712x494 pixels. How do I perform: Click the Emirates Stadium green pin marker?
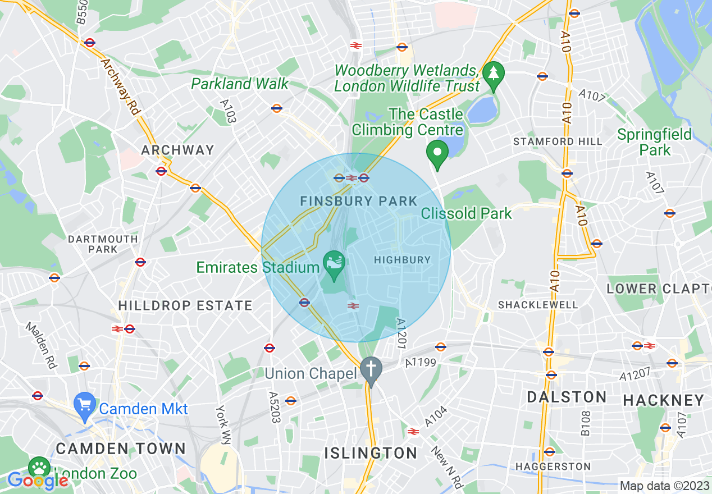tap(335, 264)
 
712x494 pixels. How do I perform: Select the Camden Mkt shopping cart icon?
tap(85, 406)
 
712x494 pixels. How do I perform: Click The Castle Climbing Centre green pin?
tap(437, 153)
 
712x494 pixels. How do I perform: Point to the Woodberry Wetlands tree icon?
tap(494, 75)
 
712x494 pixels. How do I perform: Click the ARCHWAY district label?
tap(177, 150)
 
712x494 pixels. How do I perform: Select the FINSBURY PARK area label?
tap(359, 201)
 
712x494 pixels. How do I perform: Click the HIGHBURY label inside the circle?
tap(402, 260)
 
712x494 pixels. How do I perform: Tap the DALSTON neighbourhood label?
tap(567, 397)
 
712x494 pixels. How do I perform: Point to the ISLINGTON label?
tap(371, 453)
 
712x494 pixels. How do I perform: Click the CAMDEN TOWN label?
tap(121, 449)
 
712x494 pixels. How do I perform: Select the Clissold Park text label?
tap(467, 213)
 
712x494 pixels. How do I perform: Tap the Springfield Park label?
tap(655, 142)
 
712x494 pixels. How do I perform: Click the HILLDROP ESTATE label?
tap(185, 306)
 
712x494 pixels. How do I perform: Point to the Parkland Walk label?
tap(240, 84)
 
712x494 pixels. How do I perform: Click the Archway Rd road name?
tap(121, 87)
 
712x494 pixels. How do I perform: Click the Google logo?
tap(38, 481)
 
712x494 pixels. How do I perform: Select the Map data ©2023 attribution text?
tap(664, 486)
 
